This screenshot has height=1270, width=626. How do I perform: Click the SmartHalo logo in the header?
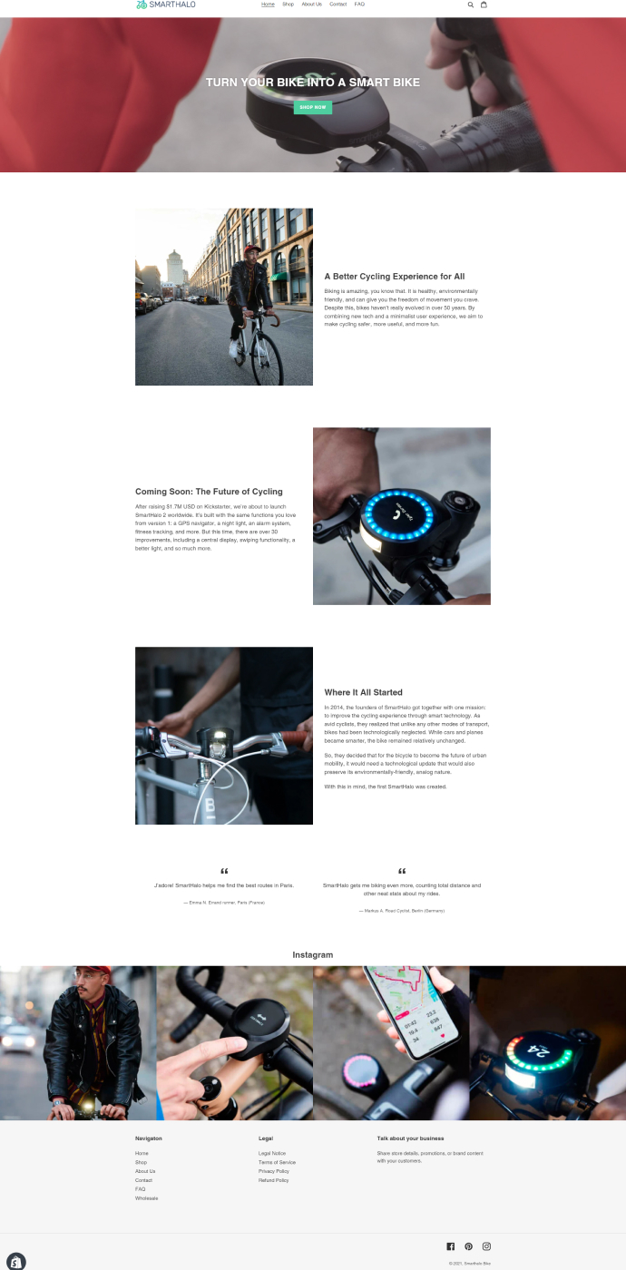click(x=165, y=5)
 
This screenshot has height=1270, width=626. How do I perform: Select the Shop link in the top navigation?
click(x=288, y=5)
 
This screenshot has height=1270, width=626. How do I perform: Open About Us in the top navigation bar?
click(x=311, y=5)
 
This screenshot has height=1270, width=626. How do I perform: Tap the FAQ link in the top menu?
click(x=359, y=5)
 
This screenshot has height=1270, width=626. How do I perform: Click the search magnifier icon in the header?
click(x=470, y=5)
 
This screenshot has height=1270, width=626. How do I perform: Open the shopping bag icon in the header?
click(x=484, y=5)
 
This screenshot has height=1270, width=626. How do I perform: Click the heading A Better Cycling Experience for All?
click(x=394, y=277)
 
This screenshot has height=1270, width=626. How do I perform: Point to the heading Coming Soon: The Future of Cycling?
click(x=209, y=492)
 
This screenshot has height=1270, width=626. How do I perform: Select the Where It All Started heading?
click(x=363, y=692)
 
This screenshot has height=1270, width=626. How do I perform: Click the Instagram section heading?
click(x=313, y=954)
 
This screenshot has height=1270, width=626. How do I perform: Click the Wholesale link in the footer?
click(x=146, y=1198)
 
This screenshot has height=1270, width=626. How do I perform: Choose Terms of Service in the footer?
click(x=277, y=1162)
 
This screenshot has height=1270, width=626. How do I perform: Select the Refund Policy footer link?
click(x=273, y=1180)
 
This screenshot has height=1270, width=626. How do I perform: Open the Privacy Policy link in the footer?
click(x=273, y=1171)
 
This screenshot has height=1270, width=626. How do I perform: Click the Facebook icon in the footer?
click(x=451, y=1246)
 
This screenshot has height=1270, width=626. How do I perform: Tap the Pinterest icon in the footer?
click(x=468, y=1246)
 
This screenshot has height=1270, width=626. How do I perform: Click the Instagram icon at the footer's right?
click(x=486, y=1246)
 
